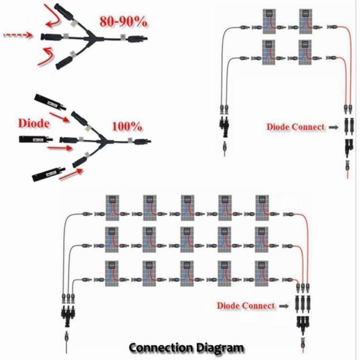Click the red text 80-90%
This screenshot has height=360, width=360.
tap(123, 22)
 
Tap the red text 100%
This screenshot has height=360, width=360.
tap(127, 126)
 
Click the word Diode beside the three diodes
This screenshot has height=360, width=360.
tap(34, 123)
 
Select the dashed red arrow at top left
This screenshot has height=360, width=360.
tap(18, 35)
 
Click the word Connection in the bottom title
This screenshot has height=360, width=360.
tap(161, 347)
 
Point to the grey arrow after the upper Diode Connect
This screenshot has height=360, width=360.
tap(333, 127)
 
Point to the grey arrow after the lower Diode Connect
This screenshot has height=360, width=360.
tap(284, 306)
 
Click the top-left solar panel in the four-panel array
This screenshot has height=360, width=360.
tap(269, 21)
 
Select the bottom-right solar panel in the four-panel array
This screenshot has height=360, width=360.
tap(305, 52)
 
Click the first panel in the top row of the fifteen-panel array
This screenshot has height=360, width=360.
tap(112, 208)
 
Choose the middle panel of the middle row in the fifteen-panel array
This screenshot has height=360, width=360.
tap(187, 240)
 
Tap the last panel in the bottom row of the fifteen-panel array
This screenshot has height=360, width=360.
tap(261, 274)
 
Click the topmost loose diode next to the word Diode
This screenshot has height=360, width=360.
tap(50, 102)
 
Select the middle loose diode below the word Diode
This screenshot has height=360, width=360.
tap(36, 139)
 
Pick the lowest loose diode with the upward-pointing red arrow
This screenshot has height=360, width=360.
tap(49, 175)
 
